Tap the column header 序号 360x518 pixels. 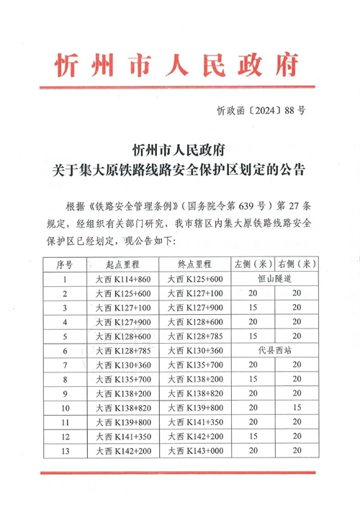click(x=66, y=264)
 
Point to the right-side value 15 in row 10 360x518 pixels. click(x=297, y=408)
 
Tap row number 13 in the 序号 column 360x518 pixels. click(x=66, y=452)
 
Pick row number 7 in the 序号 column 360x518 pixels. click(x=66, y=365)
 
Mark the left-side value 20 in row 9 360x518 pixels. click(x=252, y=394)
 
